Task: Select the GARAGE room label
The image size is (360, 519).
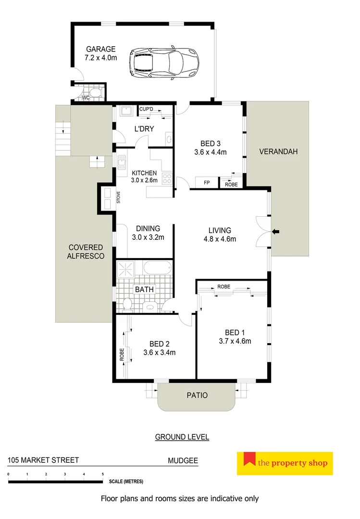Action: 100,49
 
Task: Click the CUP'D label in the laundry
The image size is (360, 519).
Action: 146,109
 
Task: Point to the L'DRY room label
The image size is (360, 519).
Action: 144,128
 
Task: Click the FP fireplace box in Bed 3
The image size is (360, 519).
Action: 207,183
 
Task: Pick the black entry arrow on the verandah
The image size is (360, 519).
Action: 276,232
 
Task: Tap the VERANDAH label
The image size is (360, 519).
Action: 278,151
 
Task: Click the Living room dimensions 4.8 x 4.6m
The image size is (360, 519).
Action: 219,239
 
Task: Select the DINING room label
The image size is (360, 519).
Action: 148,229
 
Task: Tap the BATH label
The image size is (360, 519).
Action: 144,290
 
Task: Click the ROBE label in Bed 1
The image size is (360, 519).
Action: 223,286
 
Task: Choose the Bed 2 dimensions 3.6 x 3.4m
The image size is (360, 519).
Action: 159,352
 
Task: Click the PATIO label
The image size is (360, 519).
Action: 197,395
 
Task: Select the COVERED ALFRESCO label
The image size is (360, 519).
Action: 86,252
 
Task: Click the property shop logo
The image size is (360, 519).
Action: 285,463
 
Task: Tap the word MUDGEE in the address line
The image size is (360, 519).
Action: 183,460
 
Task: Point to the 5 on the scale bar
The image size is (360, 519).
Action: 103,474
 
